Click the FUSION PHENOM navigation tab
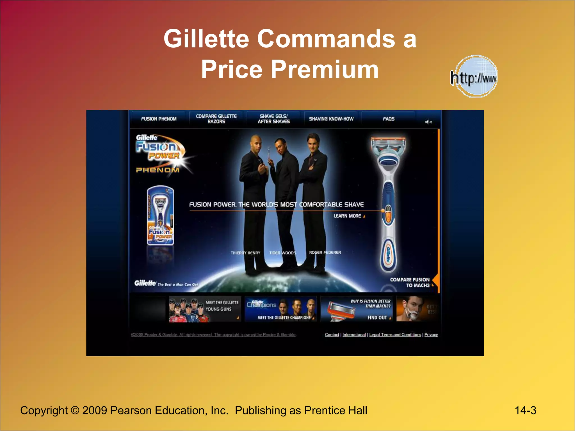click(159, 119)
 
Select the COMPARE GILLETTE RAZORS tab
click(216, 119)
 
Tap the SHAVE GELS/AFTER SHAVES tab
click(274, 119)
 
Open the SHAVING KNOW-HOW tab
click(331, 119)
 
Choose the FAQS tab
click(389, 119)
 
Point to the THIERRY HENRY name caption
click(245, 253)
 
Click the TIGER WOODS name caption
click(282, 253)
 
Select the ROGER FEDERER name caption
click(325, 253)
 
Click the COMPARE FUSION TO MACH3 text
click(410, 283)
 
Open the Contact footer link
click(332, 334)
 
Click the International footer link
click(354, 334)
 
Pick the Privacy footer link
click(431, 334)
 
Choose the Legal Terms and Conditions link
click(395, 334)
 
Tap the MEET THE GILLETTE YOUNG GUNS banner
click(205, 309)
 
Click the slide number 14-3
click(525, 411)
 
